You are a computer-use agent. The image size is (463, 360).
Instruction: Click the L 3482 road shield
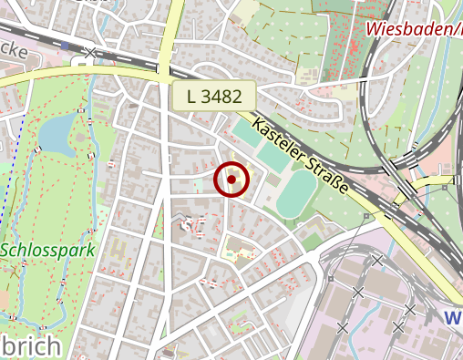pyautogui.click(x=214, y=96)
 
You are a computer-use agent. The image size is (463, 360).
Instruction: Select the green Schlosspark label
pyautogui.click(x=44, y=249)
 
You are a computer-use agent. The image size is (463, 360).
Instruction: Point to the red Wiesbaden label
pyautogui.click(x=415, y=29)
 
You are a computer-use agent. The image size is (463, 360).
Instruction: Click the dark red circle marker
pyautogui.click(x=231, y=180)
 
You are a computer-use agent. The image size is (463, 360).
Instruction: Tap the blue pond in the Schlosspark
pyautogui.click(x=57, y=134)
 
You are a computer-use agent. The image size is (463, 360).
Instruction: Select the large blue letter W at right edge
pyautogui.click(x=453, y=318)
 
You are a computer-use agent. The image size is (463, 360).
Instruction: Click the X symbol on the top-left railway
pyautogui.click(x=89, y=53)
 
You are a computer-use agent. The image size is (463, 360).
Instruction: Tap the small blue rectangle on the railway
pyautogui.click(x=67, y=45)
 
